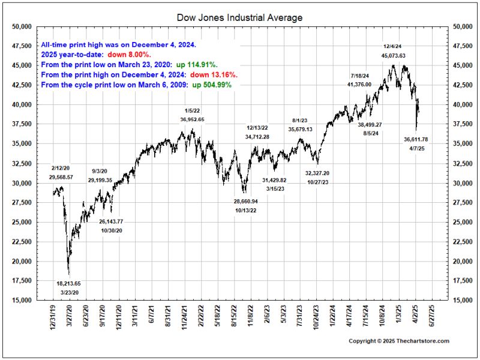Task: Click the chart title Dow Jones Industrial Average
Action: [239, 18]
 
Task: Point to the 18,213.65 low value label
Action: [68, 283]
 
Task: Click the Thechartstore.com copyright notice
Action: [399, 341]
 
